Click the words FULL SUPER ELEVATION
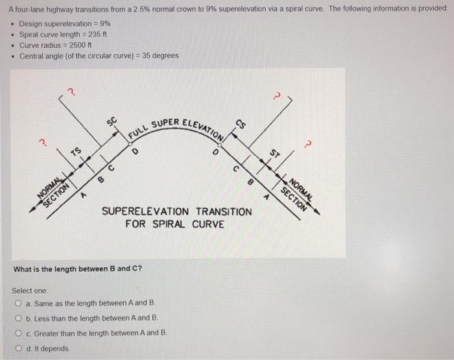tap(175, 126)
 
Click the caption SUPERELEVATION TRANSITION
tap(176, 212)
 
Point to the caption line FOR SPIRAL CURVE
tap(175, 224)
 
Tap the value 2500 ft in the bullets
tap(82, 45)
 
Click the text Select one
tap(27, 291)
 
